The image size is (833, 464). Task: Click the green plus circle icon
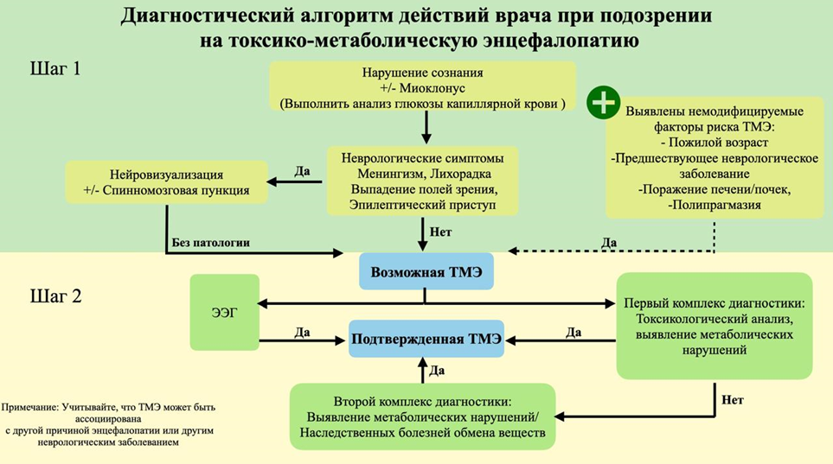pos(602,102)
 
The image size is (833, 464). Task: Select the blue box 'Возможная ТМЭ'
pos(426,270)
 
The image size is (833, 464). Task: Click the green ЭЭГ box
pos(224,312)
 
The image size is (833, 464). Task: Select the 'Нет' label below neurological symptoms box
pos(441,232)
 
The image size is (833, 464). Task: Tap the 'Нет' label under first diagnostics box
pos(731,400)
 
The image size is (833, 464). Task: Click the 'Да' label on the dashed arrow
pos(609,243)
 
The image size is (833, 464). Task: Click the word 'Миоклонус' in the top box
pos(437,88)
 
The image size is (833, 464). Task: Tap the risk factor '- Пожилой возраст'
pos(714,142)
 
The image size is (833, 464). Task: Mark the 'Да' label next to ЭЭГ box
pos(303,331)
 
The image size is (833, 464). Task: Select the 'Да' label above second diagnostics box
pos(438,371)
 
